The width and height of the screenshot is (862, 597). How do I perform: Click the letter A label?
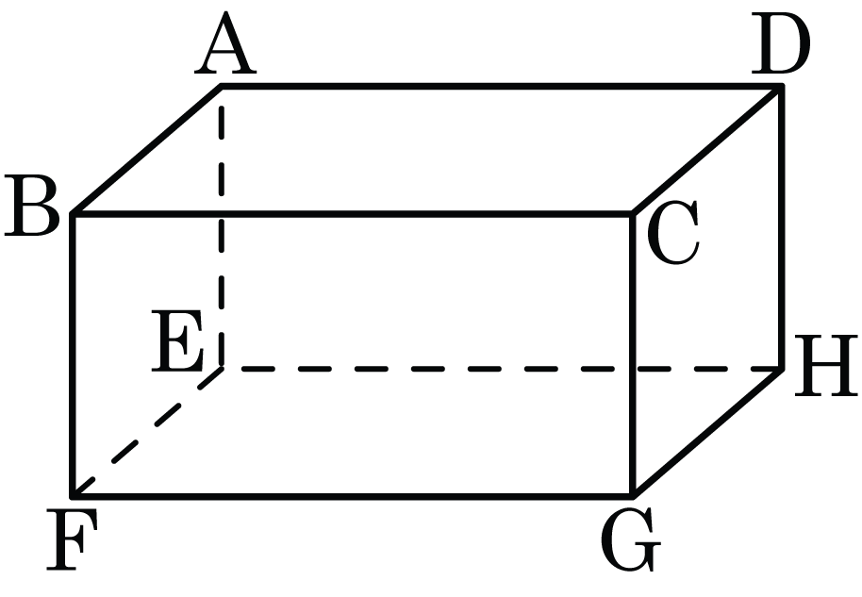225,44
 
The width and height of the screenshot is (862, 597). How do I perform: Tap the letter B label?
31,207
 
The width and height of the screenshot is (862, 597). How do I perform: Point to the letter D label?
781,43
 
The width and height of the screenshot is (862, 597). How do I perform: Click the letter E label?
178,340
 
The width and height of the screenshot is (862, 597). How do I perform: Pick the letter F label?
72,539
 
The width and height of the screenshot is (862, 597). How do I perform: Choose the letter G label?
631,539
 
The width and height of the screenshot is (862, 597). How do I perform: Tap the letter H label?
826,366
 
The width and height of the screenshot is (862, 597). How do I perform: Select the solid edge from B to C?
353,213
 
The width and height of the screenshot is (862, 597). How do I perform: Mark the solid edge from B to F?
73,355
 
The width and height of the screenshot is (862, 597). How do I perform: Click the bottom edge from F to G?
353,496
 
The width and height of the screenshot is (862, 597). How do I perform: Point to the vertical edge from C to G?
633,355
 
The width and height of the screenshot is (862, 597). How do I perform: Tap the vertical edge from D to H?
782,227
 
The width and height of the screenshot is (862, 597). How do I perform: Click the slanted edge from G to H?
707,433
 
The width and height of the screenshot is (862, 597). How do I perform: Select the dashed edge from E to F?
147,433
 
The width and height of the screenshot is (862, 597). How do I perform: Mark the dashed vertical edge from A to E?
221,227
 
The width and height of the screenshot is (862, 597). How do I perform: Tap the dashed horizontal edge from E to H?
502,369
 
